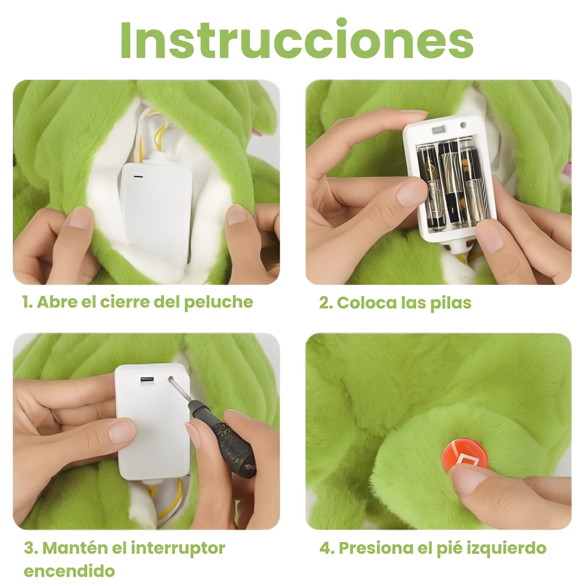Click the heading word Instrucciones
[297, 40]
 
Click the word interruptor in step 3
[178, 548]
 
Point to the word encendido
[69, 571]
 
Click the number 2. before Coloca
[326, 303]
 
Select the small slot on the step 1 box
[138, 175]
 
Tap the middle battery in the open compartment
[449, 188]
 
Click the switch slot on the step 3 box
[146, 380]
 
